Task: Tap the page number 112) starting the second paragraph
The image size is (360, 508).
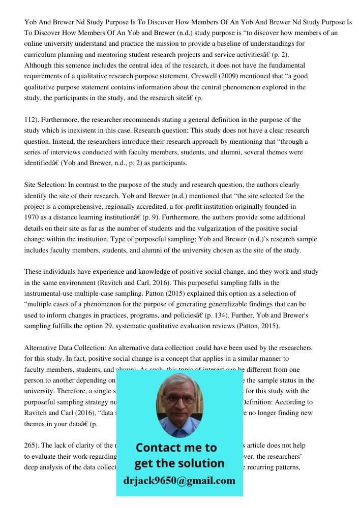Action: (x=32, y=120)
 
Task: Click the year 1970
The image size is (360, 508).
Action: (x=32, y=217)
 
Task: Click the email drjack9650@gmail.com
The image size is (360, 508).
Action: (x=179, y=481)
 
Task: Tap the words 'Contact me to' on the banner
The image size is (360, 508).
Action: (x=176, y=448)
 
